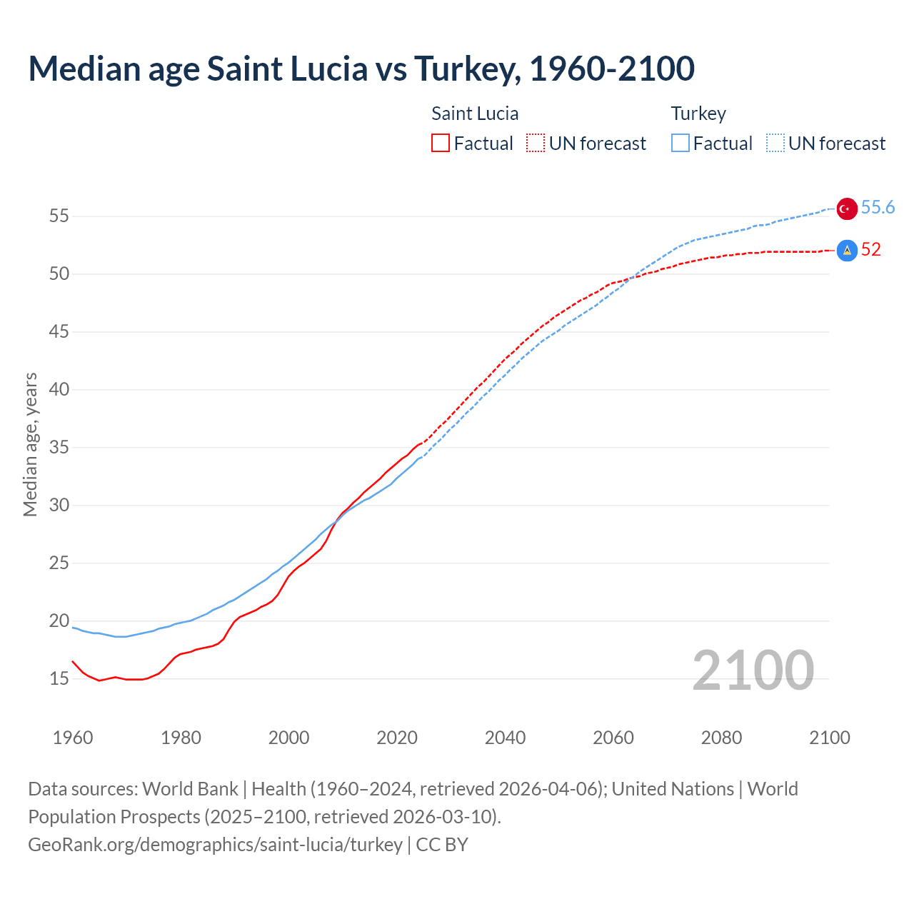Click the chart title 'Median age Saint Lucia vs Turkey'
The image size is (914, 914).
[x=361, y=69]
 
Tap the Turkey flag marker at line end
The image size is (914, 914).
[x=847, y=209]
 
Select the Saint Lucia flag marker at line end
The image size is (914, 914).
[x=847, y=251]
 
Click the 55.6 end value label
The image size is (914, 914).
[x=878, y=207]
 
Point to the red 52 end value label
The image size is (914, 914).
[x=870, y=249]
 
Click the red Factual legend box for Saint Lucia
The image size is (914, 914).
[x=441, y=144]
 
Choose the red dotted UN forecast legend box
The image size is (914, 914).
[x=536, y=144]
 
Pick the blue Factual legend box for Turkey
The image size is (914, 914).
[x=681, y=144]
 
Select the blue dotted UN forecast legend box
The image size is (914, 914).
[x=775, y=144]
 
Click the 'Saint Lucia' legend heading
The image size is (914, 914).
[x=475, y=114]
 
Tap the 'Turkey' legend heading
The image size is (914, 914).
[x=698, y=114]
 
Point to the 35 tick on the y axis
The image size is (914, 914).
[x=59, y=448]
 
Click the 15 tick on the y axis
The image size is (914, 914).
[x=59, y=678]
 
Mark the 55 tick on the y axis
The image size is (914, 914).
[x=59, y=216]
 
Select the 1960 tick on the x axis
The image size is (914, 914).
[x=73, y=738]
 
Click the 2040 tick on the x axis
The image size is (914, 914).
[x=505, y=738]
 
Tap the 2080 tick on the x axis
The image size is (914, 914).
[x=721, y=738]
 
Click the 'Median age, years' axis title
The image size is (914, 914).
[x=30, y=444]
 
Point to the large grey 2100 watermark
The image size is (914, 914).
[x=753, y=670]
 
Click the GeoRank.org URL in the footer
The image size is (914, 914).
[x=215, y=845]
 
